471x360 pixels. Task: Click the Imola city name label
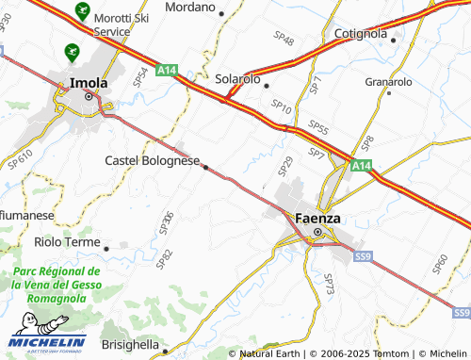click(x=89, y=83)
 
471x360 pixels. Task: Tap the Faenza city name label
click(x=317, y=218)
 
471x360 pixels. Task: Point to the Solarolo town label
click(x=237, y=80)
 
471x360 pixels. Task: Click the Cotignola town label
click(x=361, y=34)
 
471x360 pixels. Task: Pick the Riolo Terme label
click(x=67, y=242)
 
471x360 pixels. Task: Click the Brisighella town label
click(x=129, y=345)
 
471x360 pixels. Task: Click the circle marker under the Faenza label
click(x=317, y=232)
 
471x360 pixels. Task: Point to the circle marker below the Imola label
click(x=89, y=96)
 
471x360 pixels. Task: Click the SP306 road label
click(x=167, y=222)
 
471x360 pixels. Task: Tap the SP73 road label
click(x=329, y=285)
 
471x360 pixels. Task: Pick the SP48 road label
click(x=284, y=41)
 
